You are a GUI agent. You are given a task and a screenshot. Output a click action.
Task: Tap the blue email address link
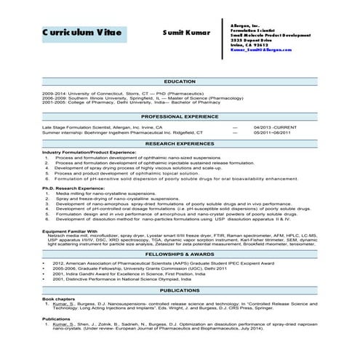260,49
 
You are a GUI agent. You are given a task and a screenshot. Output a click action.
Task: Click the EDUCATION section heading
180,81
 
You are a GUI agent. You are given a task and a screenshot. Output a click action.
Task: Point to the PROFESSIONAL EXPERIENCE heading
180,116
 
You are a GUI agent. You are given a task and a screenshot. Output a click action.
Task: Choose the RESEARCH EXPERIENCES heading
180,144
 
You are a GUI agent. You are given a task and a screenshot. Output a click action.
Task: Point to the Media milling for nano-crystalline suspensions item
105,193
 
